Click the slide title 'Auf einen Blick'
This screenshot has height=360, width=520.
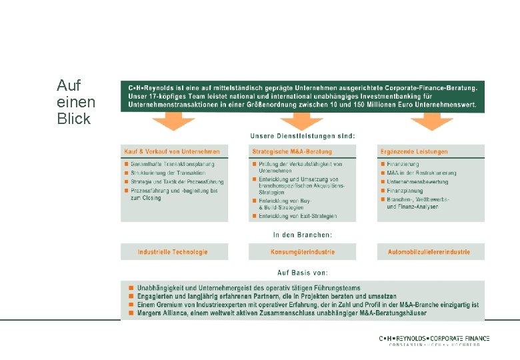76,103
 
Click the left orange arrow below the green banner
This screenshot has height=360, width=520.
173,121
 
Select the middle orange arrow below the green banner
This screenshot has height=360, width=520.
302,121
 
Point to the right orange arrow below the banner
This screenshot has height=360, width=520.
431,121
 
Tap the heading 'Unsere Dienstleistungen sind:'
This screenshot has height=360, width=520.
303,136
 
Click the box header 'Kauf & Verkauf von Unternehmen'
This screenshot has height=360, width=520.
172,151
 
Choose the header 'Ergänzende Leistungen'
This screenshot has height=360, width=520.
414,151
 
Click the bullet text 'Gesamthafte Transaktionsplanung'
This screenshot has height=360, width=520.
172,164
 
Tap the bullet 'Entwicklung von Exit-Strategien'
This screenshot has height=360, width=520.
297,216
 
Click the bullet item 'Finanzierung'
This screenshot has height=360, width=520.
403,164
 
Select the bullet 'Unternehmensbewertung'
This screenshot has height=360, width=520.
417,181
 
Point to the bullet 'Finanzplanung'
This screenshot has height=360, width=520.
405,191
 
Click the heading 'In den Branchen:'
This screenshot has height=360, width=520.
303,235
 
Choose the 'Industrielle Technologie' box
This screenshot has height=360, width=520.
173,252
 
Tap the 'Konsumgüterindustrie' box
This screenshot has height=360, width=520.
303,252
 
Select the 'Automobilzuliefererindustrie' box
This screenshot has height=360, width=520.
429,252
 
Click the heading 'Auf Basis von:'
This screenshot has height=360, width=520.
303,272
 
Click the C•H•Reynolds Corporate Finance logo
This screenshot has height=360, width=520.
434,341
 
